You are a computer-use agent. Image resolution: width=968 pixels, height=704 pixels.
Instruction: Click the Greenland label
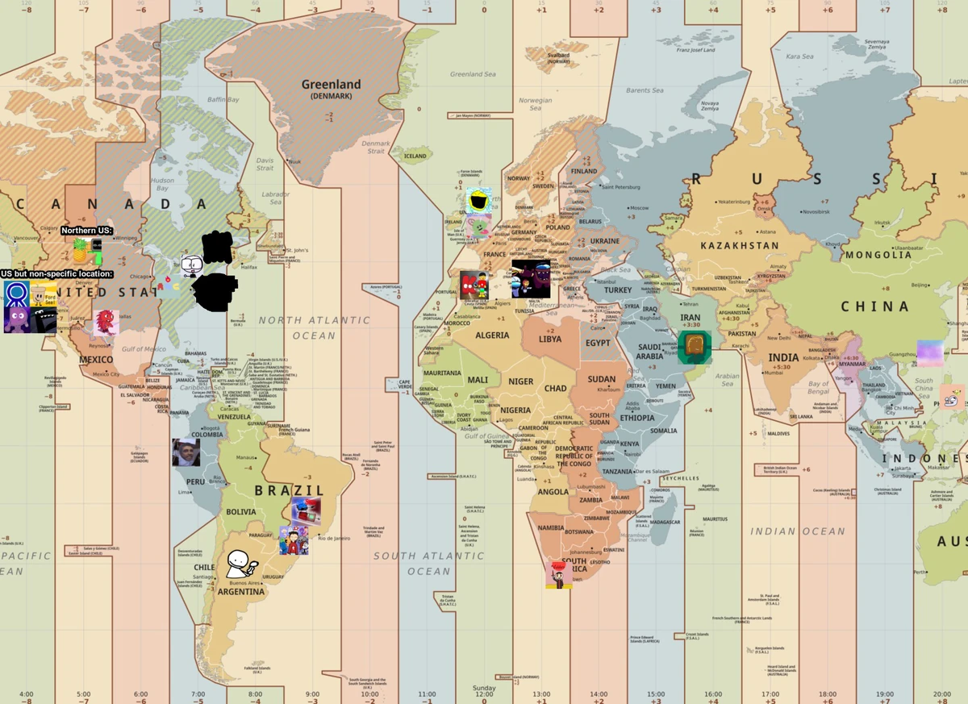click(x=331, y=85)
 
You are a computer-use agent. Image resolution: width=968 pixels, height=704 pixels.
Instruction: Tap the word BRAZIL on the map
click(x=290, y=490)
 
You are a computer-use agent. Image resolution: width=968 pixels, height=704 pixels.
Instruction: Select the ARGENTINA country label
click(x=241, y=592)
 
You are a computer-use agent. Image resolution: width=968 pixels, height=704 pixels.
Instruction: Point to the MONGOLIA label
click(x=878, y=255)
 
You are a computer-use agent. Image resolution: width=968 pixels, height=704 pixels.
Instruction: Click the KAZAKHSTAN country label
click(x=740, y=245)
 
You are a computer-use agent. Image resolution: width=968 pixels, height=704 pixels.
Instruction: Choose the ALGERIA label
click(x=492, y=335)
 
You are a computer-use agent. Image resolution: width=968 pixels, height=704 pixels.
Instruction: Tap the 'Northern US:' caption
click(x=87, y=231)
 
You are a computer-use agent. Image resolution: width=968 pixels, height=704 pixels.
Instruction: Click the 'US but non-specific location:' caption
click(x=56, y=274)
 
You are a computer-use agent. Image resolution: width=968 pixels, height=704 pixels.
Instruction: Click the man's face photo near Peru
click(x=186, y=452)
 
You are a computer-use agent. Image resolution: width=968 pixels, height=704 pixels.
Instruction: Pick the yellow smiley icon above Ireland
click(x=479, y=201)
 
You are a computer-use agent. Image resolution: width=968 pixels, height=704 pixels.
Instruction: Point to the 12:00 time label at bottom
click(x=484, y=694)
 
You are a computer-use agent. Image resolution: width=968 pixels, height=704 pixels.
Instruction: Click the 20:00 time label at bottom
click(x=942, y=694)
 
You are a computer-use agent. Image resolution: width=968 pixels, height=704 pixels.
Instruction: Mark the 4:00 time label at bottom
click(x=26, y=694)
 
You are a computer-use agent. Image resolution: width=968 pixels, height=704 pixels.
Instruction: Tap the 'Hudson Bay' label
click(x=162, y=185)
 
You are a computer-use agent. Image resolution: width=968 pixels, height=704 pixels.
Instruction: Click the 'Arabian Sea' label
click(x=727, y=379)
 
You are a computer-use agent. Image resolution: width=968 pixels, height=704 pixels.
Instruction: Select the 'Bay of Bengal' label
click(x=818, y=388)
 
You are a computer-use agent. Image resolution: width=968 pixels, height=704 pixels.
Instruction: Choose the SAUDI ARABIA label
click(x=649, y=352)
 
